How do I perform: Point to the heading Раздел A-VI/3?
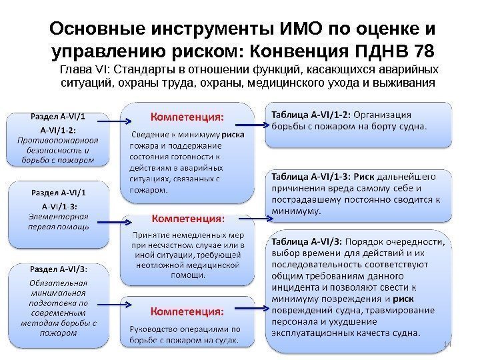tap(59, 270)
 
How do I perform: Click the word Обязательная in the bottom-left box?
tap(58, 282)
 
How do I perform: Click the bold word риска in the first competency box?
tap(233, 133)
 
